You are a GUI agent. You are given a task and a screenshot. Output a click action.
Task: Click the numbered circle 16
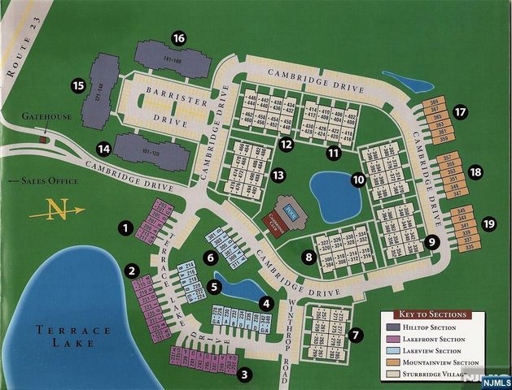[179, 38]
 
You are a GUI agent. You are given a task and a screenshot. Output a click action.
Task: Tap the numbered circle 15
[79, 85]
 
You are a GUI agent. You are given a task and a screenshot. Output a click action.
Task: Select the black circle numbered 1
[125, 228]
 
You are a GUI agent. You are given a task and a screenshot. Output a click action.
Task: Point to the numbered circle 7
[354, 334]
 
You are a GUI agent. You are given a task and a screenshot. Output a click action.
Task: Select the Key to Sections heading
[432, 314]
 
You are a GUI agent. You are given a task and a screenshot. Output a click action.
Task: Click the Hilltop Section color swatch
[391, 327]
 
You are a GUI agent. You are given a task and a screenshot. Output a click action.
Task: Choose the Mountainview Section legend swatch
[391, 362]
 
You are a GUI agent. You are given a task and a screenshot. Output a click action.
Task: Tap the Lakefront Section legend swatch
[391, 339]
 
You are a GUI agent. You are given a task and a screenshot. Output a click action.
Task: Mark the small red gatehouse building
[43, 140]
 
